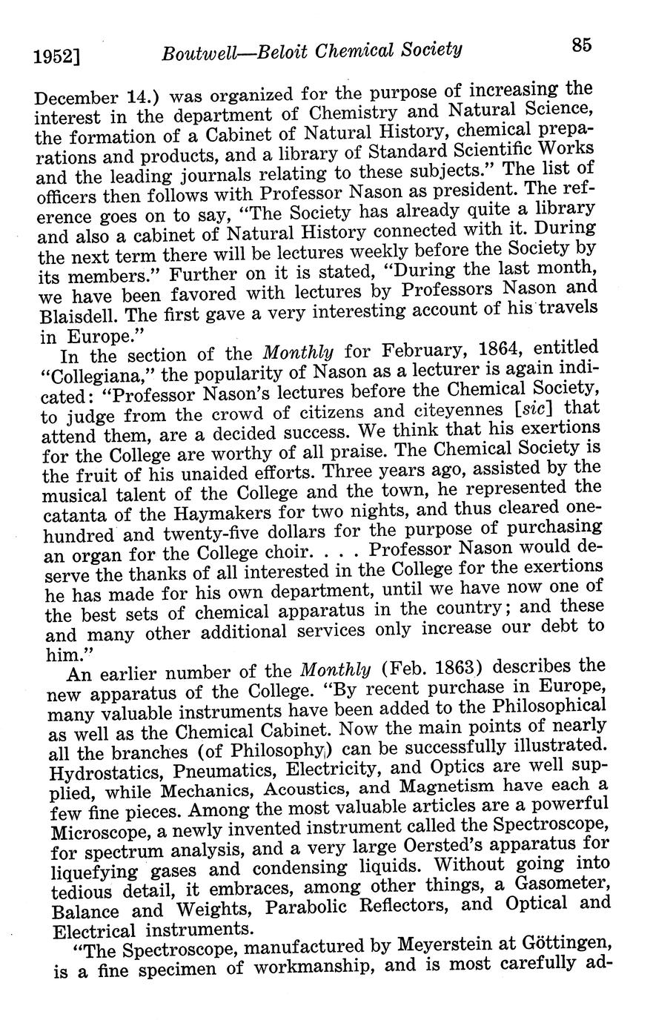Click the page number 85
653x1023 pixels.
click(x=581, y=46)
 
